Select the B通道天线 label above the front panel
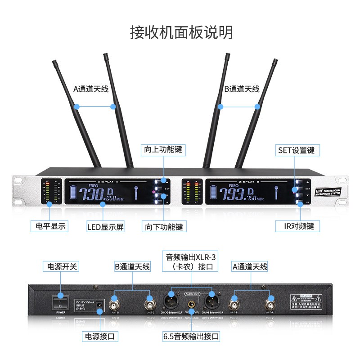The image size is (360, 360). click(x=242, y=89)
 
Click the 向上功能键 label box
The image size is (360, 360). click(x=163, y=149)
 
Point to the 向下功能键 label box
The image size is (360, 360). click(x=163, y=226)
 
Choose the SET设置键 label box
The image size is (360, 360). click(x=297, y=150)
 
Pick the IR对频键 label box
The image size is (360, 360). click(x=297, y=226)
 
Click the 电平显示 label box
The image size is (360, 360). click(x=48, y=226)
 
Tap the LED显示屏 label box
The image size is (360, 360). click(x=105, y=227)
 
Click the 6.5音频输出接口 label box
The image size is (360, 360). click(x=191, y=336)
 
